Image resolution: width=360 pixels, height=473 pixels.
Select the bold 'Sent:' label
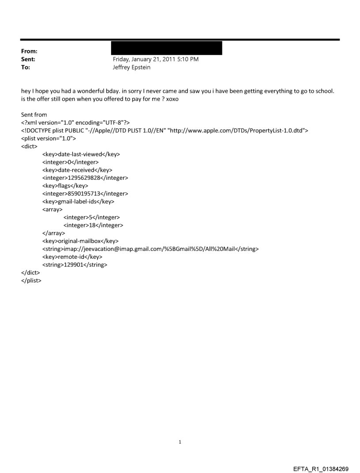pyautogui.click(x=28, y=59)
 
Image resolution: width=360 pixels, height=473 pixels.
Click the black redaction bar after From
pyautogui.click(x=167, y=48)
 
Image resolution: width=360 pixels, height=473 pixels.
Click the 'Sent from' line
pyautogui.click(x=34, y=115)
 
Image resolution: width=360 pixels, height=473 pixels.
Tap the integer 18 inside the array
pyautogui.click(x=93, y=225)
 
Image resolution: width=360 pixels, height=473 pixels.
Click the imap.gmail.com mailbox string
pyautogui.click(x=150, y=249)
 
